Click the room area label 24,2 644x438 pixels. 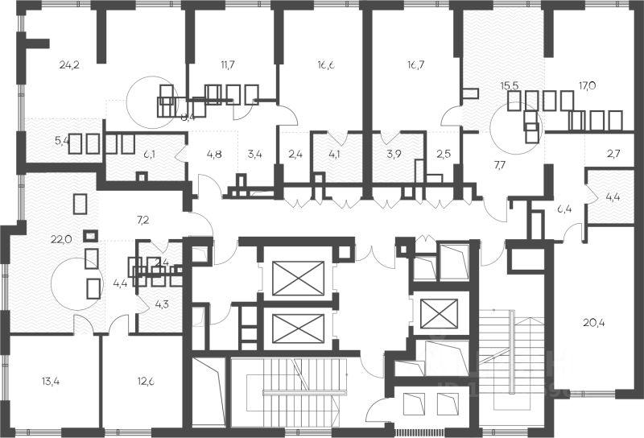pos(70,63)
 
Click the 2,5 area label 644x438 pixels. pos(444,152)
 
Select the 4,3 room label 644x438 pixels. pos(162,304)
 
